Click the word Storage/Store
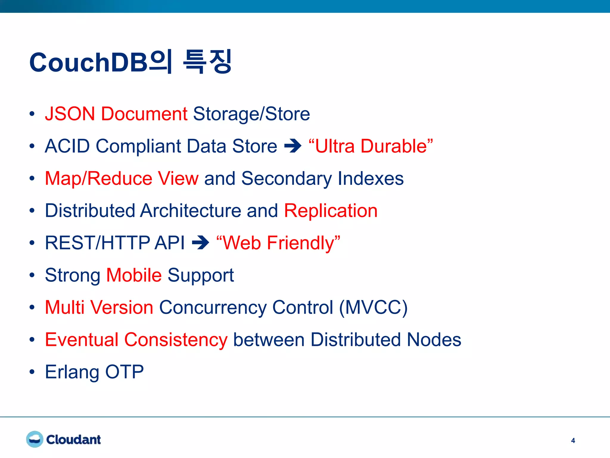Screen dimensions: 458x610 pos(251,114)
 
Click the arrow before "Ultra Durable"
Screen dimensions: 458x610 pos(293,146)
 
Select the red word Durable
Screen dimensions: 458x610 pos(396,146)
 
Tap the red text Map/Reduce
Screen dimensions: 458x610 pos(99,178)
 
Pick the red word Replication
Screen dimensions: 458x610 pos(331,211)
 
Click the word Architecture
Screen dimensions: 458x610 pos(190,211)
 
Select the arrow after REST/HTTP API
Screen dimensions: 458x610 pos(200,242)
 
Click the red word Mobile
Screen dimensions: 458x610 pos(134,275)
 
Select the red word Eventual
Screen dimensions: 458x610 pos(82,340)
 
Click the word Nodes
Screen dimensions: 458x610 pos(434,340)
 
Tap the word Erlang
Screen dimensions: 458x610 pos(72,372)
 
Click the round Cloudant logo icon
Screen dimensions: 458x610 pos(35,439)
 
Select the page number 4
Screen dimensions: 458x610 pos(573,441)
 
